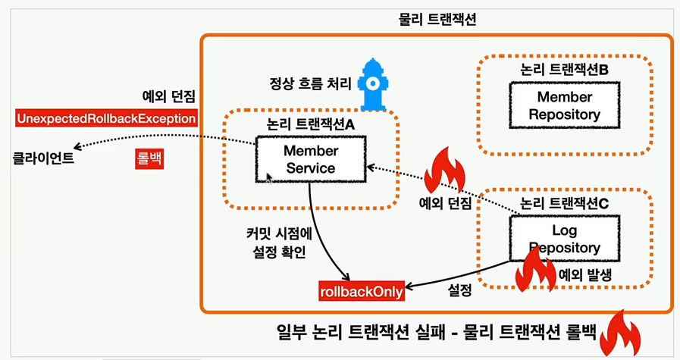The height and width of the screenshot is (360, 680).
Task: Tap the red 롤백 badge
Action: pos(149,159)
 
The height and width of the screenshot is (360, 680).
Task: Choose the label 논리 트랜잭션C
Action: pos(565,203)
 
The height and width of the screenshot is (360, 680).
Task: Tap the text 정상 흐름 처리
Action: pos(310,82)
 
